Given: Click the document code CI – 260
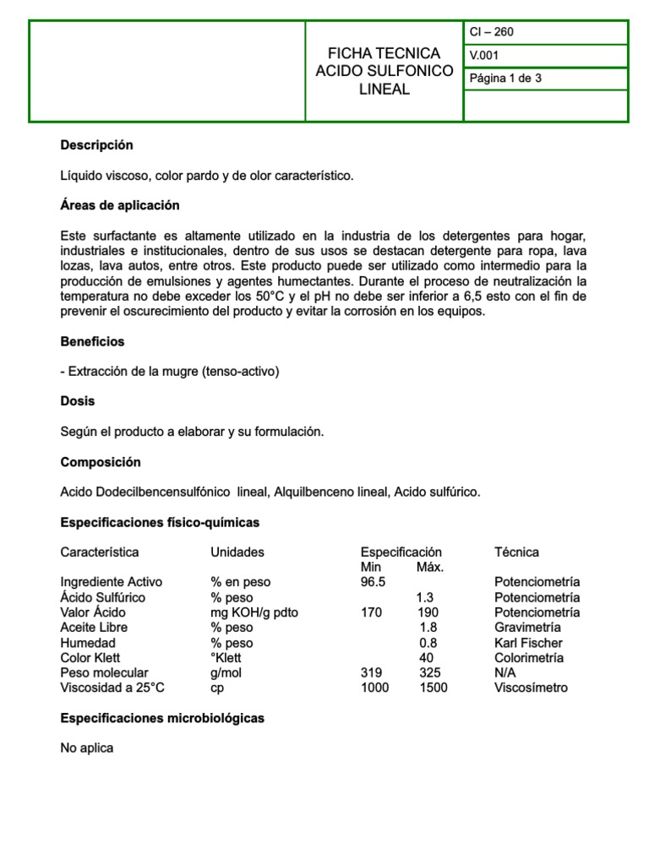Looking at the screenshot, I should [x=492, y=32].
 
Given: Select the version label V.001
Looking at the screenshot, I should [x=485, y=56].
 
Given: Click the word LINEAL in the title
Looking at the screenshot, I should [x=384, y=90].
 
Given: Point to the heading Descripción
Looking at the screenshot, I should [x=96, y=145].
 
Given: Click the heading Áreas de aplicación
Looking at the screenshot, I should [x=120, y=205].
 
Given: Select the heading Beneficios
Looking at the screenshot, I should [x=92, y=341].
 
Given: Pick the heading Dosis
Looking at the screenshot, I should [x=78, y=400].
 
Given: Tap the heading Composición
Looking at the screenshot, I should [x=101, y=462].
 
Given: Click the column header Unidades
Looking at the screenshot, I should [x=237, y=552].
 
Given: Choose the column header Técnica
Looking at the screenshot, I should [x=516, y=552].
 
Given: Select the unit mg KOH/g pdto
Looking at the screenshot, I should [x=254, y=612].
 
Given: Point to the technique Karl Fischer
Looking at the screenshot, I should [x=528, y=643].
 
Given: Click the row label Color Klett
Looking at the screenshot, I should [x=90, y=658].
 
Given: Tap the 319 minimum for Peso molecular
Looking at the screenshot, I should [x=371, y=672].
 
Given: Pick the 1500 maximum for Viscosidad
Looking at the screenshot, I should [x=434, y=688].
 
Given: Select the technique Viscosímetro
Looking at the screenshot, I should [x=531, y=688].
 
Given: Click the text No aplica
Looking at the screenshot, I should [x=86, y=748].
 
